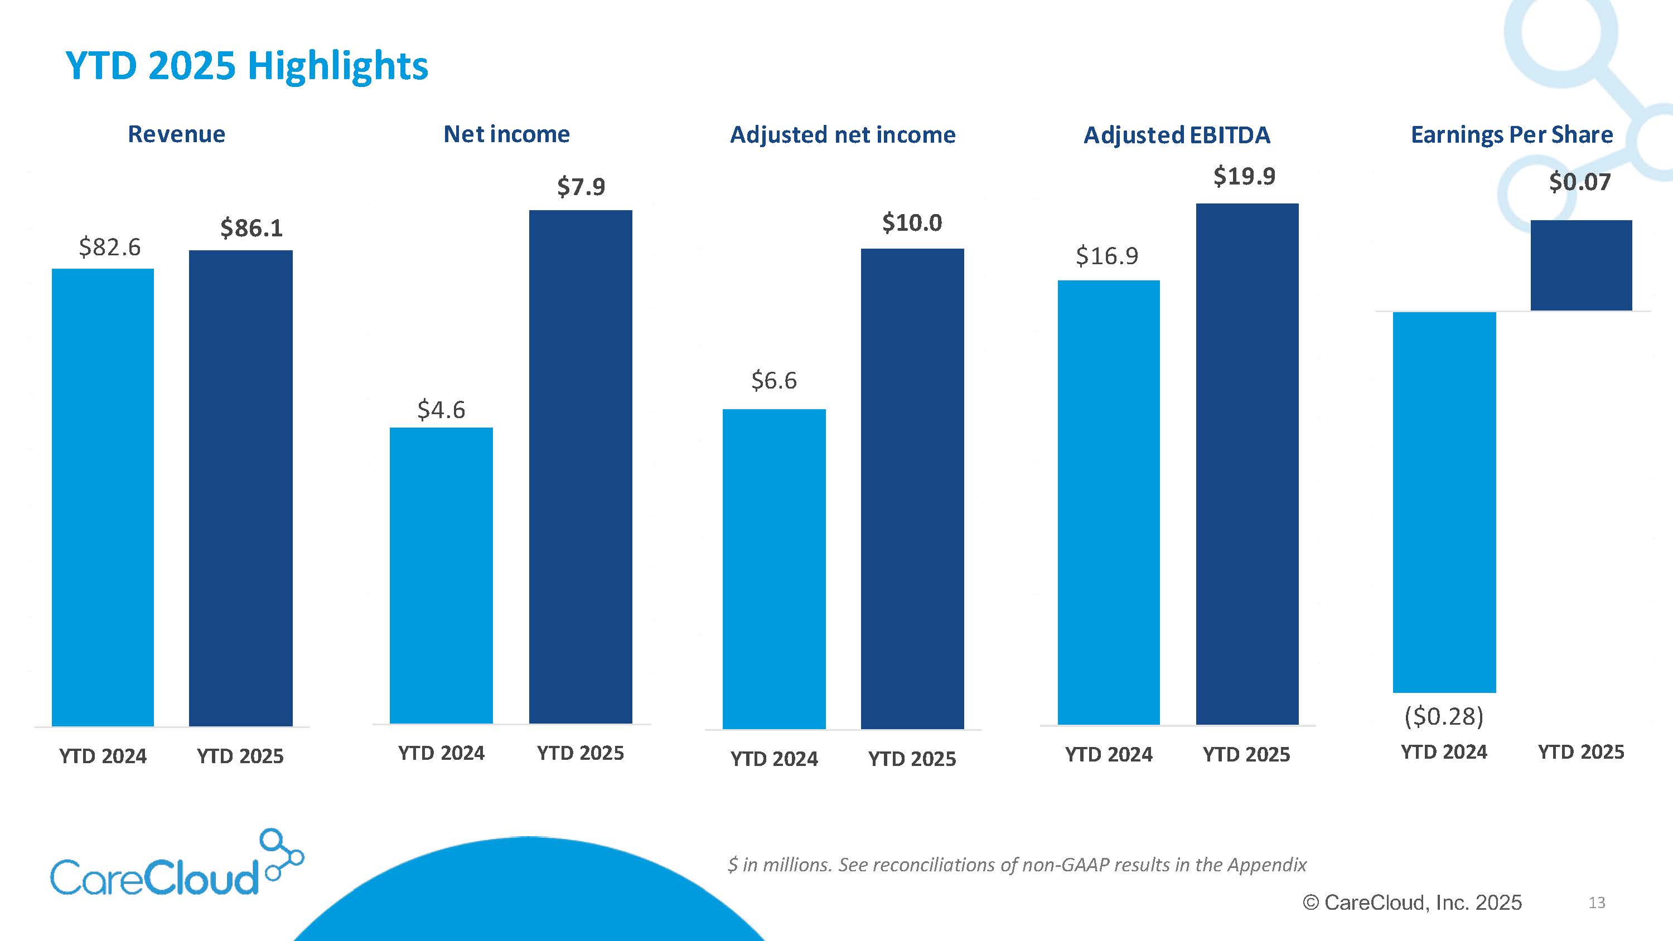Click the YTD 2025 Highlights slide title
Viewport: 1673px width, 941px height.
(247, 66)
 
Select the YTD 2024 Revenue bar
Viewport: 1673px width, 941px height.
(103, 497)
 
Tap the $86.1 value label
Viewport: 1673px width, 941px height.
(252, 228)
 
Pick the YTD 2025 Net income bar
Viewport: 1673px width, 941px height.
(581, 466)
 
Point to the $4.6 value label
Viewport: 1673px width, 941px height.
(441, 410)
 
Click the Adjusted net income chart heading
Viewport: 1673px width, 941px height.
(842, 134)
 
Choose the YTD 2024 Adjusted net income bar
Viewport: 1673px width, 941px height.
(773, 568)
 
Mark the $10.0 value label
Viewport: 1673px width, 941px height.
(912, 223)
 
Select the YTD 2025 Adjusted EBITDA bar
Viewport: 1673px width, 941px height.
(1247, 464)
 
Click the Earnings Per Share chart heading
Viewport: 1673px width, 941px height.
(1511, 134)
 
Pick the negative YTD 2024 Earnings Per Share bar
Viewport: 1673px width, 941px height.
(1444, 502)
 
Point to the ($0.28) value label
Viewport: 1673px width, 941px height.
(1444, 716)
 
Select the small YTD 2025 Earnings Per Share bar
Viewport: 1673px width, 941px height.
(1581, 265)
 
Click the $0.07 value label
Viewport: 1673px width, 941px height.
(1579, 182)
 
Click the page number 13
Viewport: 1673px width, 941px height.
(1597, 903)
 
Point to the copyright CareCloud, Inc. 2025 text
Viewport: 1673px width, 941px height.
(1412, 903)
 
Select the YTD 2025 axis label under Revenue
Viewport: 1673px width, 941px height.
(240, 756)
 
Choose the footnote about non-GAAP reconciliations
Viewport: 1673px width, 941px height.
(1017, 865)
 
